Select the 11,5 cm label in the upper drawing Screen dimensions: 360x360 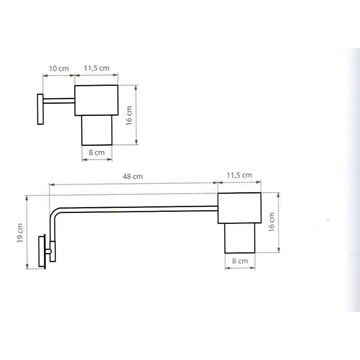[98, 71]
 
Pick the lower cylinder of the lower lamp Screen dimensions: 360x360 [240, 241]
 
